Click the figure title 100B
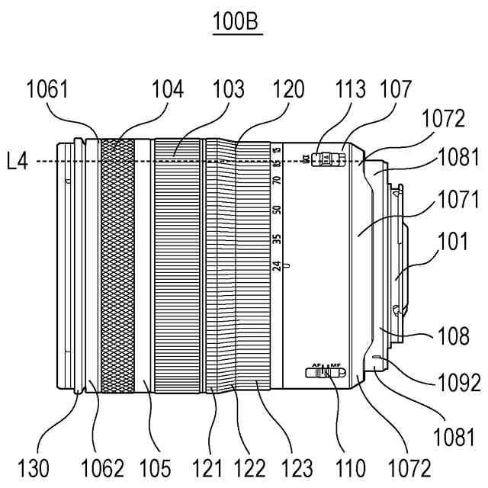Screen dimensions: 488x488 click(x=236, y=22)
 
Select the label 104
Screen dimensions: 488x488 click(x=168, y=90)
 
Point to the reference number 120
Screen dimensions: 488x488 click(x=288, y=90)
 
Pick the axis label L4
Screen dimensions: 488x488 click(x=16, y=162)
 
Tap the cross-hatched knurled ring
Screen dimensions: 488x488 click(x=117, y=263)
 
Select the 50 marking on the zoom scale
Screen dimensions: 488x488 click(x=277, y=210)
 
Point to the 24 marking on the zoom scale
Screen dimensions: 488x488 click(x=277, y=266)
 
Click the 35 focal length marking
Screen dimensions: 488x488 click(x=277, y=239)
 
